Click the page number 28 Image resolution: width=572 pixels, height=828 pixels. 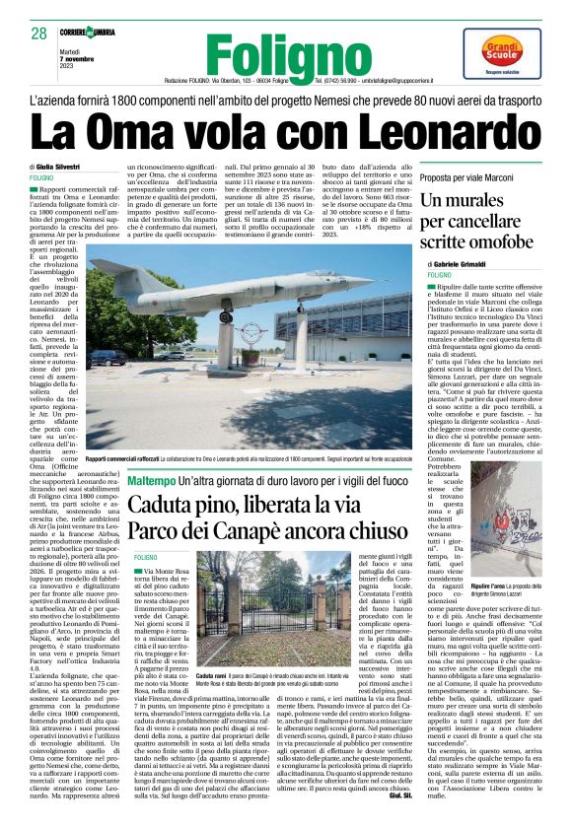tap(38, 34)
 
